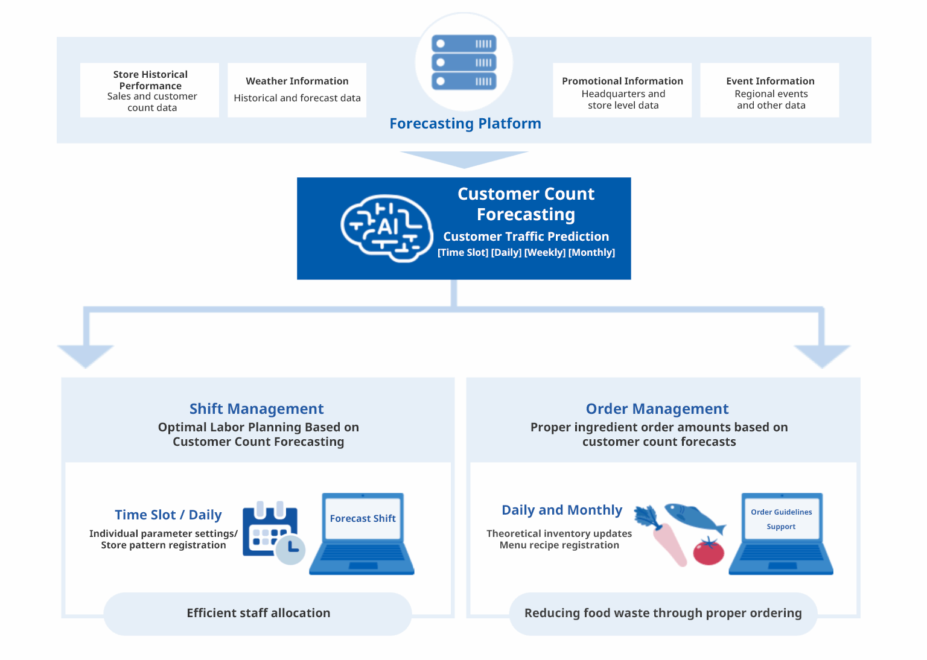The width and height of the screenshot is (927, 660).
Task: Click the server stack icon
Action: pyautogui.click(x=463, y=62)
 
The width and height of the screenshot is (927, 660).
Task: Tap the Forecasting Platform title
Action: pyautogui.click(x=465, y=124)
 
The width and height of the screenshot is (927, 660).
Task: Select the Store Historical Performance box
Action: pyautogui.click(x=150, y=90)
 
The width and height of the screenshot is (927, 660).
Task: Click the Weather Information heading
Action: pyautogui.click(x=297, y=81)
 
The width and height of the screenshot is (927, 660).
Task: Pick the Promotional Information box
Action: pyautogui.click(x=622, y=90)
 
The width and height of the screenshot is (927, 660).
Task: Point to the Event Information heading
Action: pyautogui.click(x=770, y=81)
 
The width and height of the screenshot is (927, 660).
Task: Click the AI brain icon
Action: pyautogui.click(x=386, y=228)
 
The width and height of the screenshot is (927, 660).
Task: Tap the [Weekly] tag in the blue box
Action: pyautogui.click(x=544, y=253)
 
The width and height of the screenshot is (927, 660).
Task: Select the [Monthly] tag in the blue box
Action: pyautogui.click(x=591, y=253)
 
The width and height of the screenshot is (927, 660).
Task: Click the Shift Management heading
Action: pyautogui.click(x=256, y=409)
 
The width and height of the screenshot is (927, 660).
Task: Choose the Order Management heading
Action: pyautogui.click(x=657, y=409)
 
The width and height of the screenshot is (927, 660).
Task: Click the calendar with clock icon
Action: pyautogui.click(x=273, y=532)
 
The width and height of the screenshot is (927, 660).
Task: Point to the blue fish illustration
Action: pyautogui.click(x=694, y=517)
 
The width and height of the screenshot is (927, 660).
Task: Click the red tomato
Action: pyautogui.click(x=708, y=551)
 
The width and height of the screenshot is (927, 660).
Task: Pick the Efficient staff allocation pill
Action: pyautogui.click(x=258, y=614)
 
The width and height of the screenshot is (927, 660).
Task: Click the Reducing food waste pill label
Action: pyautogui.click(x=663, y=614)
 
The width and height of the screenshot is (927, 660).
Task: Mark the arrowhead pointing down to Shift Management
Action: pyautogui.click(x=86, y=356)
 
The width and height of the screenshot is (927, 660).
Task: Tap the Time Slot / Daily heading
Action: pyautogui.click(x=168, y=515)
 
